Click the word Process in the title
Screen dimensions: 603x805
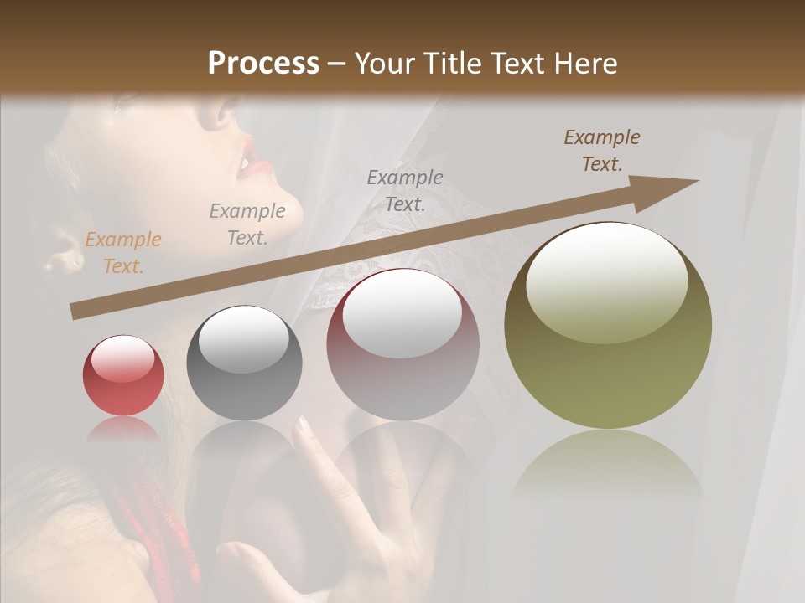263,64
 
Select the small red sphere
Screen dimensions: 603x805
123,375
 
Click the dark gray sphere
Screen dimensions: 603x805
244,363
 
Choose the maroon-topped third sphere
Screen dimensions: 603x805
403,344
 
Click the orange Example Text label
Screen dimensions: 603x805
123,252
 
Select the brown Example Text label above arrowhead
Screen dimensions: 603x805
601,150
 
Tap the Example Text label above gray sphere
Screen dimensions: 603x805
247,224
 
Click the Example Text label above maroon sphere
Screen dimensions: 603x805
405,190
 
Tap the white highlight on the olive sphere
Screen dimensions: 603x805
606,280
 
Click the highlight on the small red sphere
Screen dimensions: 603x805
123,359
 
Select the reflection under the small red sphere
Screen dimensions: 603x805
123,429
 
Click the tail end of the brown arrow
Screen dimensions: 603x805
75,312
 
